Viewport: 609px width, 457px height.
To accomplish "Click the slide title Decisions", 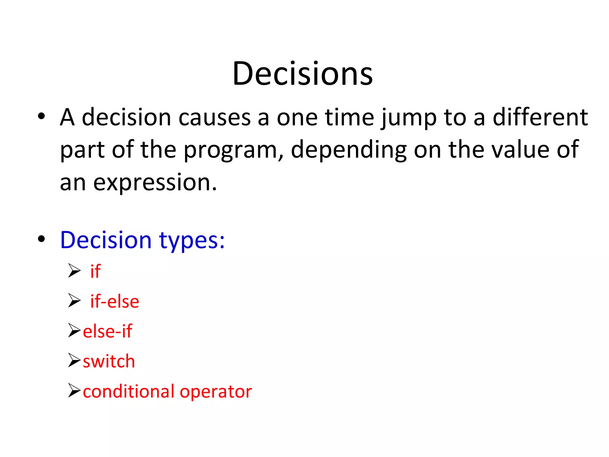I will coord(302,73).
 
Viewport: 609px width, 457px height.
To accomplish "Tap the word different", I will coord(540,117).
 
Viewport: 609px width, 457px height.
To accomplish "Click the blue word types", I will coord(192,240).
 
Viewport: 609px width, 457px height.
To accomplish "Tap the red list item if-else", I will coord(114,301).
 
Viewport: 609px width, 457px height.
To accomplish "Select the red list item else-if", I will coord(107,331).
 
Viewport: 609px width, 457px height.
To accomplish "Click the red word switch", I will coord(109,361).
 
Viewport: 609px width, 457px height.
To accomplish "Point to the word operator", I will coord(216,392).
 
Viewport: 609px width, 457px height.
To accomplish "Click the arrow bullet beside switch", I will coord(74,360).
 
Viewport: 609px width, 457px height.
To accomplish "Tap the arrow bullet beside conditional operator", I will coord(74,390).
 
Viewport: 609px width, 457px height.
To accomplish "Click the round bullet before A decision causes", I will coord(41,116).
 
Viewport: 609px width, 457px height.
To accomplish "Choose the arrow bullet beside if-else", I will coord(74,301).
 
